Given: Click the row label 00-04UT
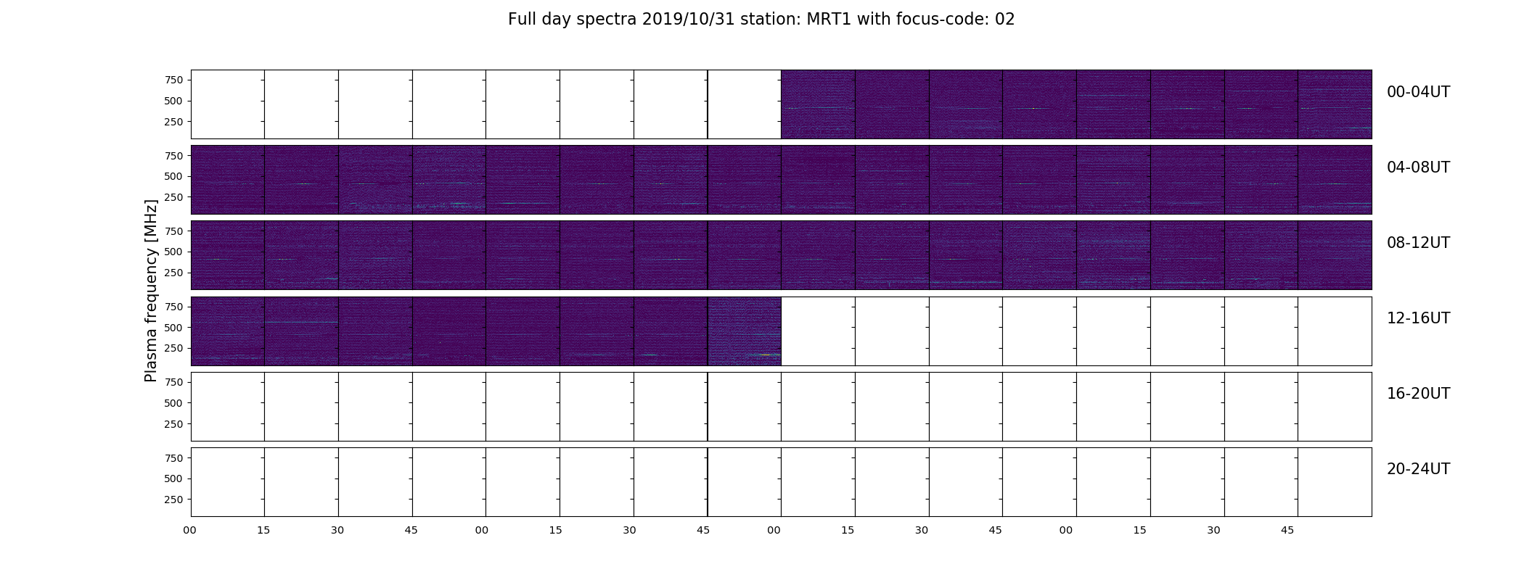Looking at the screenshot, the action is pyautogui.click(x=1418, y=92).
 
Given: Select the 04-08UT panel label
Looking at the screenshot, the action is pyautogui.click(x=1418, y=167).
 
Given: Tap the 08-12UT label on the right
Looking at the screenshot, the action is pyautogui.click(x=1418, y=243).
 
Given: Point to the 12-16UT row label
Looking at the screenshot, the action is pyautogui.click(x=1418, y=318).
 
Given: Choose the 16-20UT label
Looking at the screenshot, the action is pyautogui.click(x=1418, y=394).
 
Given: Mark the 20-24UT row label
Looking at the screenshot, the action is pyautogui.click(x=1418, y=469).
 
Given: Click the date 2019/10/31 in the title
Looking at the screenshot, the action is pyautogui.click(x=689, y=20).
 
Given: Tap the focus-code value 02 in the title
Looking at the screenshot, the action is pyautogui.click(x=1004, y=20).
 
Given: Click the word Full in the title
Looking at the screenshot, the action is pyautogui.click(x=522, y=20).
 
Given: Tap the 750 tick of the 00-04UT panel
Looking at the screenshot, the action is pyautogui.click(x=173, y=80).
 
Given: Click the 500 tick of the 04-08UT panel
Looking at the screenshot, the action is pyautogui.click(x=173, y=176).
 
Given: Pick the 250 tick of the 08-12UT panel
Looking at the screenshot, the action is pyautogui.click(x=173, y=273).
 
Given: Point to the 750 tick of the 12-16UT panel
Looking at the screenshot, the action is pyautogui.click(x=173, y=307).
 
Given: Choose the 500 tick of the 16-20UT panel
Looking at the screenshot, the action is pyautogui.click(x=173, y=403).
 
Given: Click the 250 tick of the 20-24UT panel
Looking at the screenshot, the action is pyautogui.click(x=173, y=500).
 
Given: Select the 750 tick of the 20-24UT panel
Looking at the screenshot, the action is pyautogui.click(x=173, y=458).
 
